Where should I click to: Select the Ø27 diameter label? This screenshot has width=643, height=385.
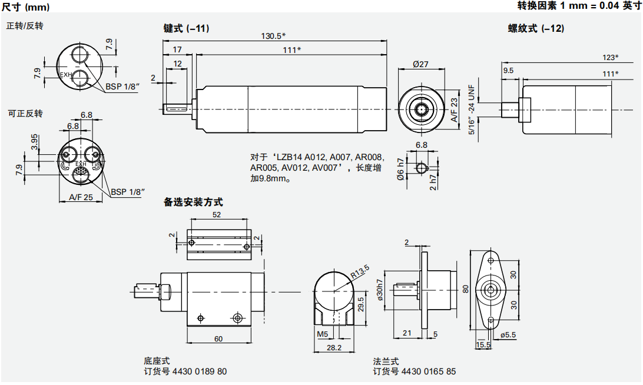(420, 64)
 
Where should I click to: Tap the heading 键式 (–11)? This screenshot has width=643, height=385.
(186, 28)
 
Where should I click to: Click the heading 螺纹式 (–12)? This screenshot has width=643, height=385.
(536, 28)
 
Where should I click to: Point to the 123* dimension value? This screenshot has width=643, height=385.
(610, 58)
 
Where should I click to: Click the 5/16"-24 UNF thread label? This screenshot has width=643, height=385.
(471, 109)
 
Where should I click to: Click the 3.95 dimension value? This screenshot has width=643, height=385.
(34, 142)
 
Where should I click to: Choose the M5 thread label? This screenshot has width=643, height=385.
(322, 334)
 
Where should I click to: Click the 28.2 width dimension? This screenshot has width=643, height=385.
(334, 348)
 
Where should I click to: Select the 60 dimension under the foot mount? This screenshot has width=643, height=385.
(218, 338)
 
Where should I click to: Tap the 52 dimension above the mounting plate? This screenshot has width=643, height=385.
(216, 215)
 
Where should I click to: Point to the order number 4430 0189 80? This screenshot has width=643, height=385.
(185, 371)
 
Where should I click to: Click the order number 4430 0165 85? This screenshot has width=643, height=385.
(414, 371)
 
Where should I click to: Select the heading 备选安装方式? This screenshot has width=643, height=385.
(193, 203)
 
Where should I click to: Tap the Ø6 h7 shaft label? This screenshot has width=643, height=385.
(400, 168)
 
